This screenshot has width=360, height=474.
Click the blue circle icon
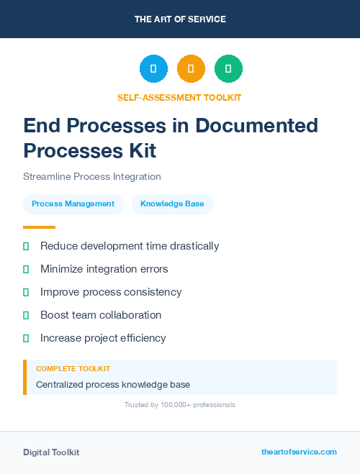[153, 69]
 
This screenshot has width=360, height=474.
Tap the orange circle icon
[191, 69]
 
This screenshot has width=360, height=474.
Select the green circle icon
[228, 69]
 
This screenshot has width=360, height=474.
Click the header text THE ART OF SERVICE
[180, 19]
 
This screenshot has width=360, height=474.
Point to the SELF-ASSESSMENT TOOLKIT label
[180, 97]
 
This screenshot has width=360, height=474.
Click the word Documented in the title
[256, 126]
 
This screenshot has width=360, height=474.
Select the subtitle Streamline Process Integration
[92, 176]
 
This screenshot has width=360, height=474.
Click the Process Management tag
[73, 204]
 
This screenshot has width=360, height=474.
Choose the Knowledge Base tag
[172, 204]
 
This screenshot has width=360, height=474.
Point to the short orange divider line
[40, 227]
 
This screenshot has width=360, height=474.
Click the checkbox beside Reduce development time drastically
[26, 246]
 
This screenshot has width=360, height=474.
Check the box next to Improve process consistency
[26, 292]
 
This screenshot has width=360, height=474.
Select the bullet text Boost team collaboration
[101, 315]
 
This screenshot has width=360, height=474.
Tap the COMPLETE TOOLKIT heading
[73, 368]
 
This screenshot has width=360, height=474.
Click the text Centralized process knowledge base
[113, 385]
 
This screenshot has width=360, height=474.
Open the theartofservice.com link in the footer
[299, 452]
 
